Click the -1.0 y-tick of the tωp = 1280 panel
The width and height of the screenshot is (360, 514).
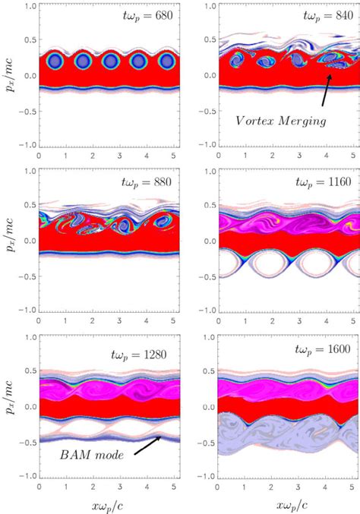click(26, 475)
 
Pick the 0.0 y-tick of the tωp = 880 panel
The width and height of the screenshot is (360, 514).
click(28, 241)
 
